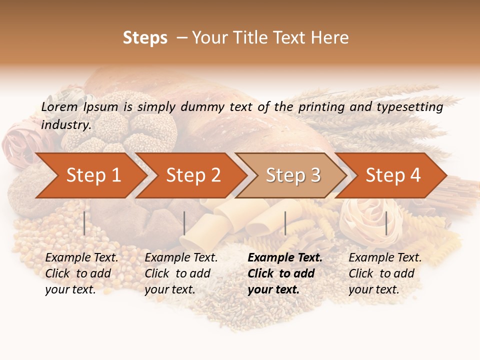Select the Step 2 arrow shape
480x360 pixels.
[193, 175]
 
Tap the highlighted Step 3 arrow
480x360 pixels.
[293, 175]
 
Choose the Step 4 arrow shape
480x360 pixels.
[393, 175]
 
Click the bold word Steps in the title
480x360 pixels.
[145, 38]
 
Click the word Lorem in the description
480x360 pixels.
[59, 107]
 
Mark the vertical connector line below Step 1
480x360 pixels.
[84, 223]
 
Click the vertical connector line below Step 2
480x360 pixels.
[184, 223]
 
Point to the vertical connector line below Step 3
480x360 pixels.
[285, 223]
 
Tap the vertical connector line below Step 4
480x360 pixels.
[386, 223]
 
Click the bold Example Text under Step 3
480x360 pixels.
[285, 258]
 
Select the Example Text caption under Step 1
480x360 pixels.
[81, 258]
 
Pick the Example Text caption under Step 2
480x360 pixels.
[181, 258]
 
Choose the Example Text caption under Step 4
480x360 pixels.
[385, 258]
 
